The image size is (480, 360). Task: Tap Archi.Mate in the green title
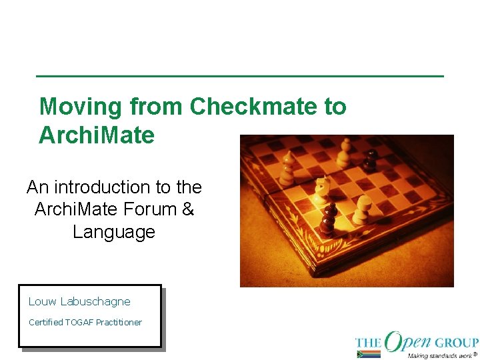[97, 135]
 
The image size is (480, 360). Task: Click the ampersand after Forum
[187, 209]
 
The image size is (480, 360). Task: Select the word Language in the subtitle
[114, 232]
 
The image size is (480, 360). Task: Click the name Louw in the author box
[43, 302]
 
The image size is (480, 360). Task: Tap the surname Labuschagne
[95, 302]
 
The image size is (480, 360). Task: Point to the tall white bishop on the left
[289, 168]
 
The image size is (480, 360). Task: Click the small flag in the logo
[368, 353]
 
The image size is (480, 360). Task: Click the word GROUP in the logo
[457, 343]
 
